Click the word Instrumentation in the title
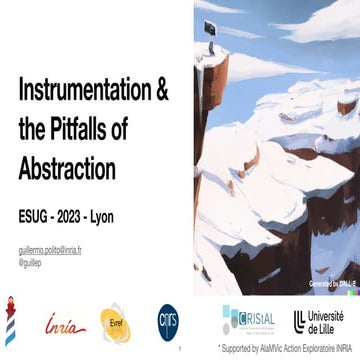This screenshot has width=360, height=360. pyautogui.click(x=85, y=91)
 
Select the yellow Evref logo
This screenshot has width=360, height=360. pyautogui.click(x=114, y=320)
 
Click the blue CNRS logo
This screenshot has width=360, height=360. pyautogui.click(x=169, y=319)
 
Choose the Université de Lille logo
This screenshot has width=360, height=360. pyautogui.click(x=319, y=320)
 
